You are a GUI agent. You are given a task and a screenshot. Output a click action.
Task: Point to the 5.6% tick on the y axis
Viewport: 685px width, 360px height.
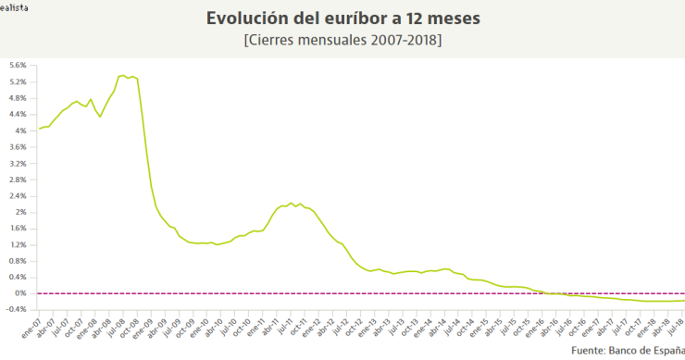[18, 65]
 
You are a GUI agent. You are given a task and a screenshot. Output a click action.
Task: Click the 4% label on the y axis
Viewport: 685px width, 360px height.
[20, 130]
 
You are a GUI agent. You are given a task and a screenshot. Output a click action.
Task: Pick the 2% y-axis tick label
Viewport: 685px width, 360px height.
[20, 212]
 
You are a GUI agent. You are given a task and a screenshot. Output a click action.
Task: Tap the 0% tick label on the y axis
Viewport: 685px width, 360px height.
[20, 293]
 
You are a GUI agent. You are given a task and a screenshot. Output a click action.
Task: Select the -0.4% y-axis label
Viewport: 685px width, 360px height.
[17, 309]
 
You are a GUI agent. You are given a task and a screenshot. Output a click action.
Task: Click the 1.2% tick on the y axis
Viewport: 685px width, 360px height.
[18, 244]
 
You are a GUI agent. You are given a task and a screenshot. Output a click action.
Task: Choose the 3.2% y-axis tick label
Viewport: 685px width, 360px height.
[18, 163]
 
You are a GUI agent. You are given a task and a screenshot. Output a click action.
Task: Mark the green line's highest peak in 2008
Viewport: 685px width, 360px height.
[123, 75]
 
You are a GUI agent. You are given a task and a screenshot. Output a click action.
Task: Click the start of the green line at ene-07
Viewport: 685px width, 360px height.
[38, 129]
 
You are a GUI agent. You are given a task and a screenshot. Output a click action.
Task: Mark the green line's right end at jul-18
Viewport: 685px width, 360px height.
[683, 300]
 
